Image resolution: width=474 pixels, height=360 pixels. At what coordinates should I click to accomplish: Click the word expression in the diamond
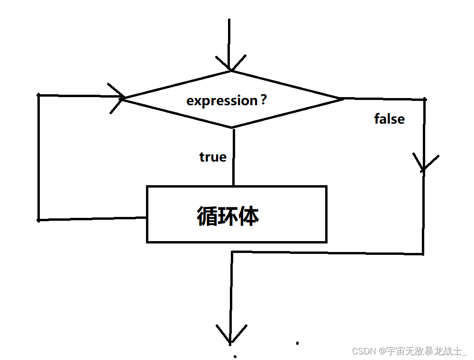coord(221,101)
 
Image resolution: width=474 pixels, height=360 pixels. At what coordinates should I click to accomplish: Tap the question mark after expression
coord(264,100)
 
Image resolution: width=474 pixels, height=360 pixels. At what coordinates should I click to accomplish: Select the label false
coord(389,119)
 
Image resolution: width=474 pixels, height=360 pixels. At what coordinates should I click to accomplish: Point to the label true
coord(213,157)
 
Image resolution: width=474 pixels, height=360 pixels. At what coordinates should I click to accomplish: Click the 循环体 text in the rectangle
coord(228,216)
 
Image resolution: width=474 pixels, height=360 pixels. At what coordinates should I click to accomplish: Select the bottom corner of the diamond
coord(232,127)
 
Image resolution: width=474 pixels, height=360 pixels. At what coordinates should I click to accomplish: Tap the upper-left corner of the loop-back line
coord(38,95)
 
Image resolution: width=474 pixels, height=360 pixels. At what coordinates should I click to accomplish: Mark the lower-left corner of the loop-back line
coord(38,220)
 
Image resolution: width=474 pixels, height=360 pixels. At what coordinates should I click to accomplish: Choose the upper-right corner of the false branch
coord(424,99)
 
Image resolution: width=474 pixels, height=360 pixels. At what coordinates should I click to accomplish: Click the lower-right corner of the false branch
coord(423,254)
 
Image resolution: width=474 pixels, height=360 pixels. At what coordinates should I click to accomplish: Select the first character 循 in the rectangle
coord(207,216)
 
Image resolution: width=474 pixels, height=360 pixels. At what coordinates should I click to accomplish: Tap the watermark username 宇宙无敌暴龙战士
coord(423,351)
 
